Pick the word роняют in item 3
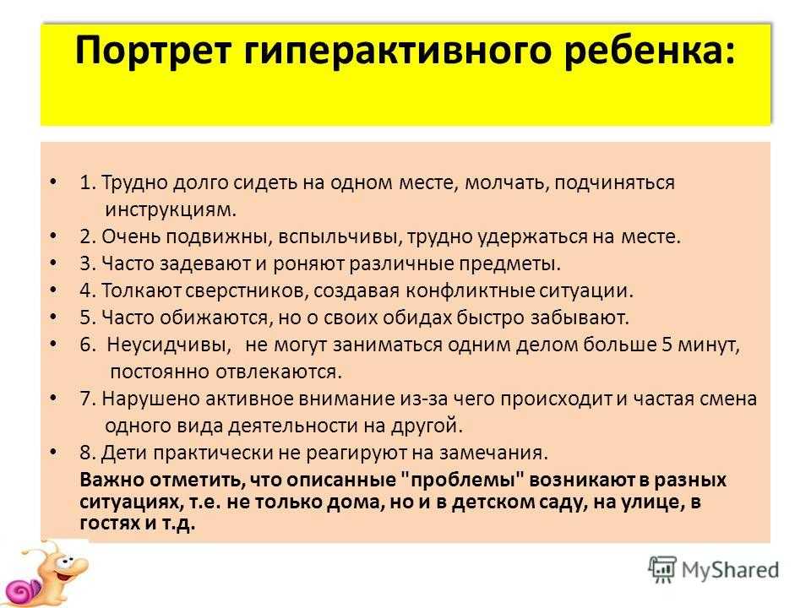308,263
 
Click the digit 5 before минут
667,345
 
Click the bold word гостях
110,524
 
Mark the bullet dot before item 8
53,452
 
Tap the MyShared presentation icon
662,570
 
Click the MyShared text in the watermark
730,570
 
